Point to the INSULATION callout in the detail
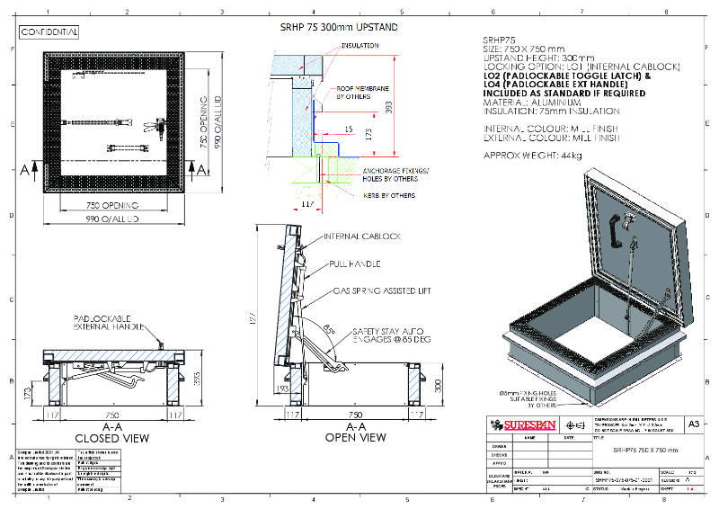(359, 44)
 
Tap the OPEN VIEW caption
(355, 439)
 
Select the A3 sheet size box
(693, 423)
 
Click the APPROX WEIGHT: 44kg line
(533, 156)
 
